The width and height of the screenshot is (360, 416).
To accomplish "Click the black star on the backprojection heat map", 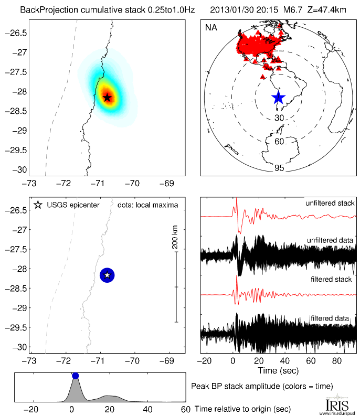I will [x=107, y=97].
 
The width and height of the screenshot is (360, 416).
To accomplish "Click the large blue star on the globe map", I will [x=278, y=97].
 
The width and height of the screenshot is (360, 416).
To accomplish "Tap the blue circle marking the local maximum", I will [x=107, y=275].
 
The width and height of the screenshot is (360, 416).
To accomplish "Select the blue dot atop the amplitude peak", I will [x=75, y=376].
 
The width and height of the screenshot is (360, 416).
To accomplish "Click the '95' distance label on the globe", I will [x=279, y=168].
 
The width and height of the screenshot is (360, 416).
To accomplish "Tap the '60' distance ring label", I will [x=279, y=142].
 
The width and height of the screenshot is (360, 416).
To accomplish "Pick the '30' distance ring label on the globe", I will [x=279, y=119].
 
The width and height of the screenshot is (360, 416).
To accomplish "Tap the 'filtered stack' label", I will [x=334, y=280].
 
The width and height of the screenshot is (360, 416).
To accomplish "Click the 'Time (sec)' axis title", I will [x=278, y=371].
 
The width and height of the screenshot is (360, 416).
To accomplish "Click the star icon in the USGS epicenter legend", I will [x=37, y=205].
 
